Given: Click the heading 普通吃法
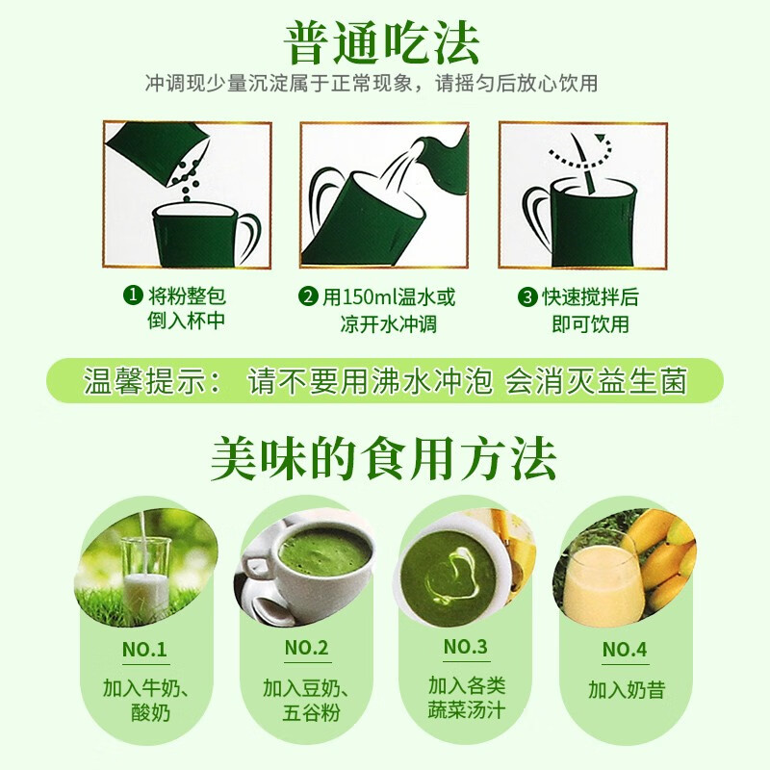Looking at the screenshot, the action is pyautogui.click(x=381, y=43).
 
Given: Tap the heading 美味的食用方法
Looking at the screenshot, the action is pyautogui.click(x=383, y=459).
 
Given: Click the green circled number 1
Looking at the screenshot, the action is pyautogui.click(x=133, y=295).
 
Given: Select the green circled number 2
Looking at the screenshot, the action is pyautogui.click(x=308, y=296).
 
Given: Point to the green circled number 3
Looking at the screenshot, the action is pyautogui.click(x=527, y=296).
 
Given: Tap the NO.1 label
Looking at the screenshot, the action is pyautogui.click(x=144, y=649).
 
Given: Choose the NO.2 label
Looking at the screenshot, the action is pyautogui.click(x=306, y=648).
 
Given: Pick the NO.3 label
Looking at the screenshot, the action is pyautogui.click(x=465, y=646).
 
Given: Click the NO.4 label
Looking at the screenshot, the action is pyautogui.click(x=624, y=649).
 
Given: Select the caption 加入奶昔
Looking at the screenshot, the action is pyautogui.click(x=627, y=689).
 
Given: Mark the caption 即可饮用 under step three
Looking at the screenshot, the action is pyautogui.click(x=590, y=324).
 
